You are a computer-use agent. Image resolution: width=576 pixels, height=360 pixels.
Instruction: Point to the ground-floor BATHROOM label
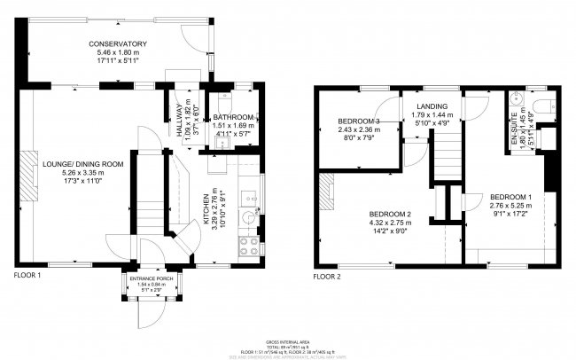[x=234, y=117]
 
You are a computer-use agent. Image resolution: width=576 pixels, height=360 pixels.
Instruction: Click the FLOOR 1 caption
[x=27, y=276]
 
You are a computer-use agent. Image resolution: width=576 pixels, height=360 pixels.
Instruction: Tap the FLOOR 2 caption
[x=327, y=276]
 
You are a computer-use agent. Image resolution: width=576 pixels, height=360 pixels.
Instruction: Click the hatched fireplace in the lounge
[x=29, y=186]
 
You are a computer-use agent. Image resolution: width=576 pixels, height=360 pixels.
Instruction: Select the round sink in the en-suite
[x=516, y=98]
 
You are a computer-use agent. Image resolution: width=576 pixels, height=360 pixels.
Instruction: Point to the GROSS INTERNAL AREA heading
[x=289, y=340]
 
